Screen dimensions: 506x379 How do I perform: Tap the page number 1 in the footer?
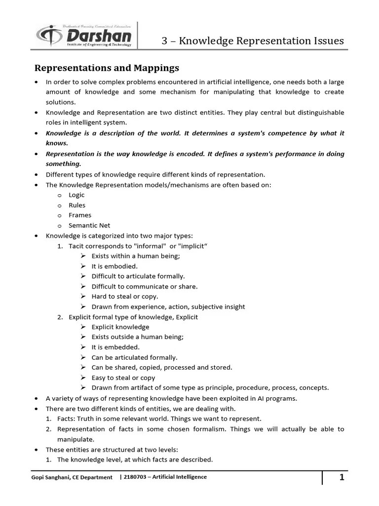[x=341, y=477]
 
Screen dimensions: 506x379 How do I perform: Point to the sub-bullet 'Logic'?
[x=76, y=195]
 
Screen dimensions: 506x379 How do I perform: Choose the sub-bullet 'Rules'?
[x=77, y=205]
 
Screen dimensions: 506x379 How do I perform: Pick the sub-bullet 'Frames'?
[x=80, y=215]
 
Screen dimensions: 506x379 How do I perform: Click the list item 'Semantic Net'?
[x=89, y=225]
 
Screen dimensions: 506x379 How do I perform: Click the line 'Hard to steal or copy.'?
[x=125, y=296]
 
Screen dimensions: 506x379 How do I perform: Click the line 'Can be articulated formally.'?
[x=134, y=357]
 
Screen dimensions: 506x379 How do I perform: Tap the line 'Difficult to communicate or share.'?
[x=144, y=287]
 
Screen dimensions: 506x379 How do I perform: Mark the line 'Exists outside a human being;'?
[x=137, y=337]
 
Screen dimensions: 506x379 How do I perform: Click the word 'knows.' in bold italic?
[x=57, y=143]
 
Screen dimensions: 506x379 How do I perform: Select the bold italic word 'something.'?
[x=64, y=164]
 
